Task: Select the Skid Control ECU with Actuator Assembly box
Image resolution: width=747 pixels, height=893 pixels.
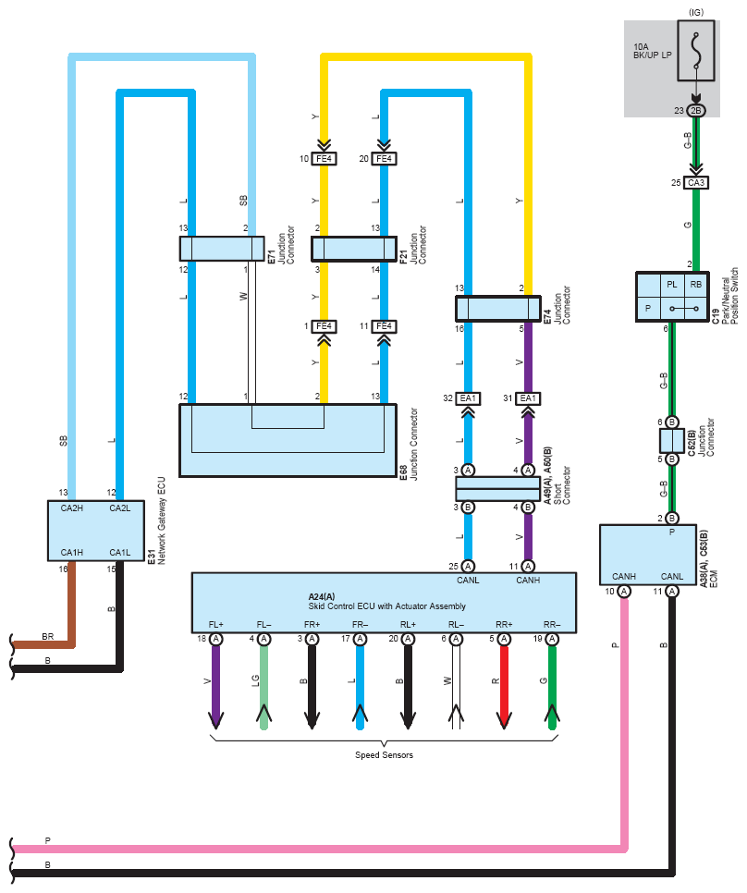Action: (x=384, y=601)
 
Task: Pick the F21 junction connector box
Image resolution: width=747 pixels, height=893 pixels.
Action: (x=353, y=249)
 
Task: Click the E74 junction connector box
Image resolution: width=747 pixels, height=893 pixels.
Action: (x=497, y=308)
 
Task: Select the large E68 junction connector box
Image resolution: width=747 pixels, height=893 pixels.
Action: (x=287, y=439)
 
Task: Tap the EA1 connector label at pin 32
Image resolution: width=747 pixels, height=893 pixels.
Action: (x=468, y=398)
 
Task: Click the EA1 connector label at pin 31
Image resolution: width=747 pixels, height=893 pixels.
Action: (x=527, y=398)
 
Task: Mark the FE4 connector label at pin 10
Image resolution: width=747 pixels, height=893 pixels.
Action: (x=325, y=159)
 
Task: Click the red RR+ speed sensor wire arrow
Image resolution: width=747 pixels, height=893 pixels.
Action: (x=504, y=689)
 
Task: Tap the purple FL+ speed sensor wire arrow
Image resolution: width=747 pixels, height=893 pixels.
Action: (x=216, y=689)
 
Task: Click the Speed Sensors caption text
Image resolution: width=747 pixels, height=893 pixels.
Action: (x=384, y=755)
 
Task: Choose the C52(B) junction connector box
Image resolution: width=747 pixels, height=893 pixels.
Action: (x=671, y=440)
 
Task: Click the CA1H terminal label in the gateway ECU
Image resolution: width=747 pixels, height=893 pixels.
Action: (x=72, y=553)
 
